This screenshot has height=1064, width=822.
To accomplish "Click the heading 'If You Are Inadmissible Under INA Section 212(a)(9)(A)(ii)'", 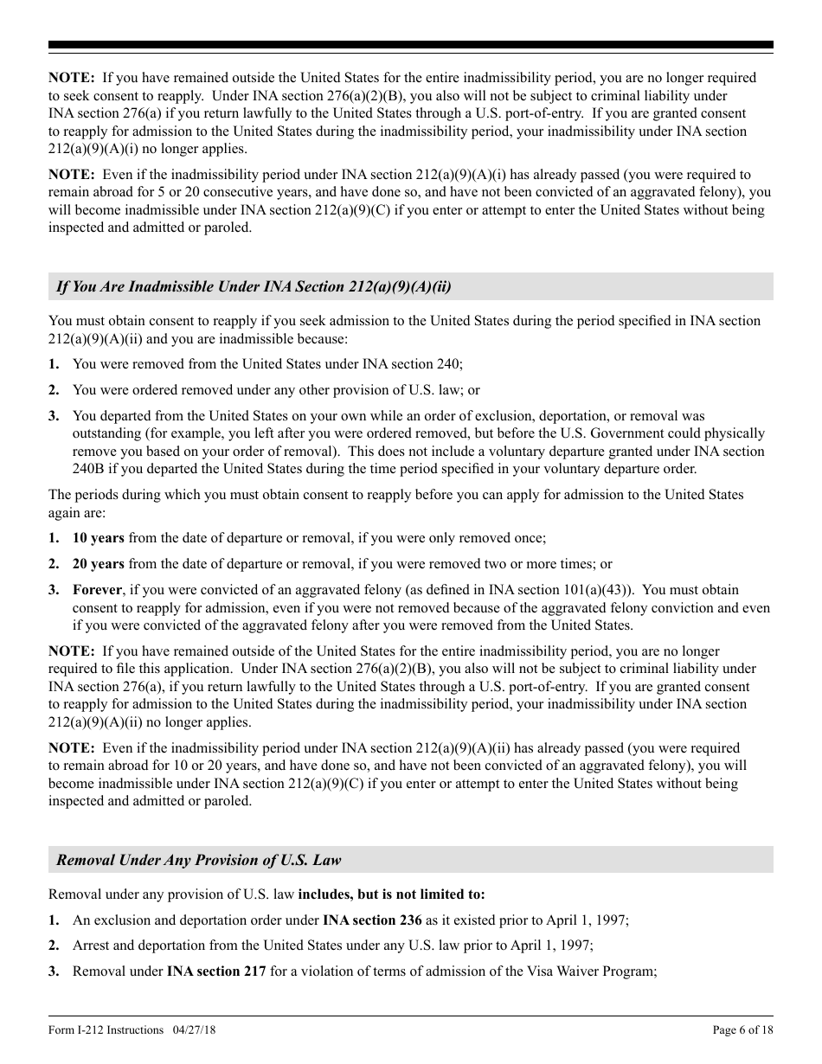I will pyautogui.click(x=253, y=286).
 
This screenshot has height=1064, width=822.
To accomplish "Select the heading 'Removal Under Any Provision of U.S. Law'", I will pyautogui.click(x=198, y=860).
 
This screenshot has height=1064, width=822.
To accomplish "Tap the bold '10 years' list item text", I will pyautogui.click(x=98, y=538).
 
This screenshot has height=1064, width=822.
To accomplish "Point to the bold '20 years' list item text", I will pyautogui.click(x=98, y=564).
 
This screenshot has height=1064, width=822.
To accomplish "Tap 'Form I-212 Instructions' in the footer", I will pyautogui.click(x=106, y=1029).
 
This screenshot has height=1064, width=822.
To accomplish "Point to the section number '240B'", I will pyautogui.click(x=89, y=469).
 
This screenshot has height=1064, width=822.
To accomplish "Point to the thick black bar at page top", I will pyautogui.click(x=410, y=45).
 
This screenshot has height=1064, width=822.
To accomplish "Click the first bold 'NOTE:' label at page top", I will pyautogui.click(x=71, y=78).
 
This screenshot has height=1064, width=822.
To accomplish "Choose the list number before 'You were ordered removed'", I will pyautogui.click(x=54, y=391).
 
